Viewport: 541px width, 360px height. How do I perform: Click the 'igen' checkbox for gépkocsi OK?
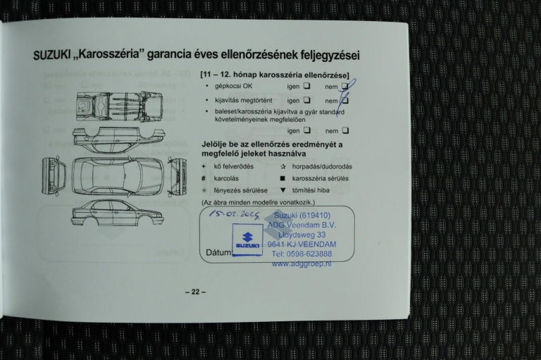point(307,86)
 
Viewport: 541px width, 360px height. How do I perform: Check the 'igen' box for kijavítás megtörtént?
point(307,100)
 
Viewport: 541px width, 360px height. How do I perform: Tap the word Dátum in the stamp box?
point(218,252)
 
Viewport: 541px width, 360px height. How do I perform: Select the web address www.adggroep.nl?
point(301,263)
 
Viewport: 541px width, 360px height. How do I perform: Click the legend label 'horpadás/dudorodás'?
point(323,166)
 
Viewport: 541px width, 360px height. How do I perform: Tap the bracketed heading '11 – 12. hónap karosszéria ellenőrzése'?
point(275,74)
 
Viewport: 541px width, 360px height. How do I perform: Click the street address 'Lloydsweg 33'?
point(301,235)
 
